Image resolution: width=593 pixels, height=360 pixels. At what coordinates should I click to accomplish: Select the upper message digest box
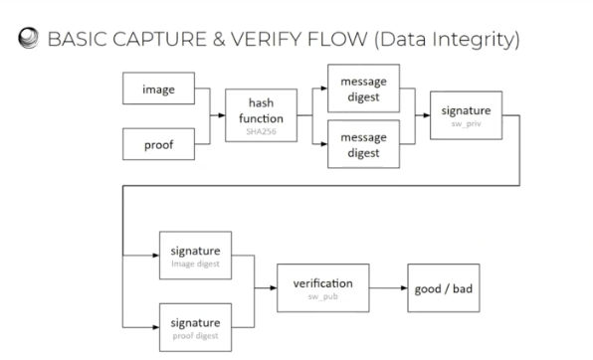pos(365,87)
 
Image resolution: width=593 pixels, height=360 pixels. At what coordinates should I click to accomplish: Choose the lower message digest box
pos(365,142)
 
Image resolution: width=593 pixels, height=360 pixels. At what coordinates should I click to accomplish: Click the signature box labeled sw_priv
pos(467,116)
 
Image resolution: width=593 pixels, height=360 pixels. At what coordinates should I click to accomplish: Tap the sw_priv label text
pos(467,128)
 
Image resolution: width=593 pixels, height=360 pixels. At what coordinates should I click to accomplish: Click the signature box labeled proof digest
pos(194,322)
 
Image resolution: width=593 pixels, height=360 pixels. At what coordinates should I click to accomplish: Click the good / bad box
pos(445,288)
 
